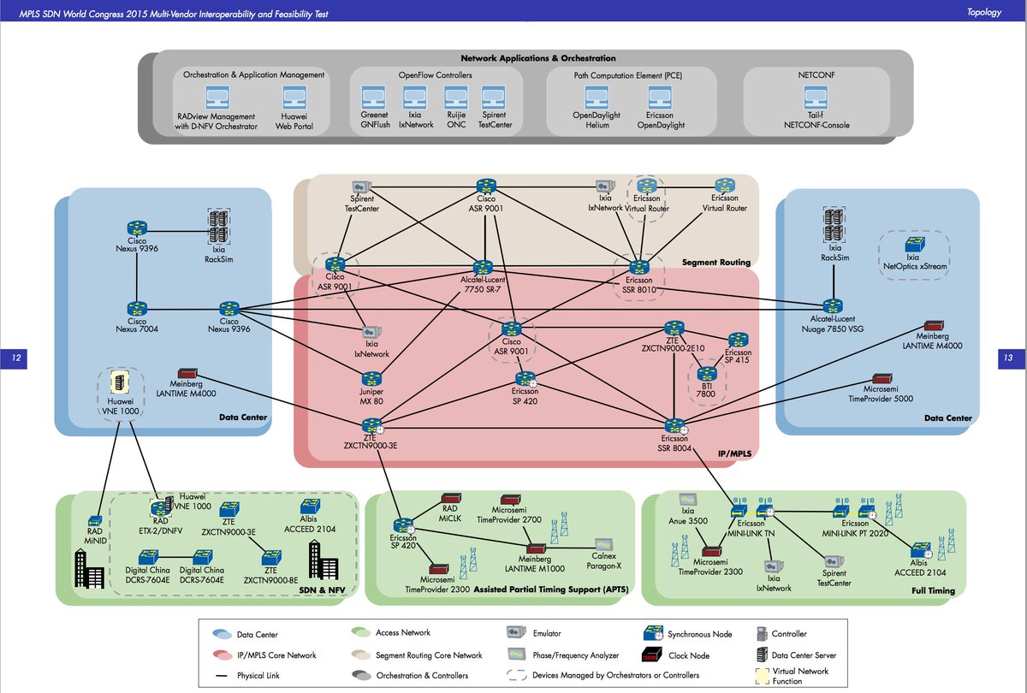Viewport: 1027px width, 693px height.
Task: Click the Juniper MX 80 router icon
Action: coord(371,378)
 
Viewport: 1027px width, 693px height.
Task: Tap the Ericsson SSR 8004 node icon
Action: coord(674,424)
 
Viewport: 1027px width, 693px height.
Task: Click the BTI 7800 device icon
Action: coord(707,373)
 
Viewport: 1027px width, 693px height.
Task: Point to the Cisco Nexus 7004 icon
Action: coord(137,308)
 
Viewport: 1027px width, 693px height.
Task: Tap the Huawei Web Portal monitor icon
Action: coord(296,96)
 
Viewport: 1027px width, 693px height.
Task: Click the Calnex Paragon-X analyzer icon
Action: coord(604,544)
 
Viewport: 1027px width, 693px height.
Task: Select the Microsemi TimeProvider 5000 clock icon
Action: coord(885,378)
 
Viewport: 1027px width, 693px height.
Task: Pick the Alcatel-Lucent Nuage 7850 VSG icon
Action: coord(832,305)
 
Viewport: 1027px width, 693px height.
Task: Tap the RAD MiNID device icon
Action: coord(95,519)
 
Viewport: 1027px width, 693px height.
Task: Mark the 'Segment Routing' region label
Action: coord(715,262)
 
